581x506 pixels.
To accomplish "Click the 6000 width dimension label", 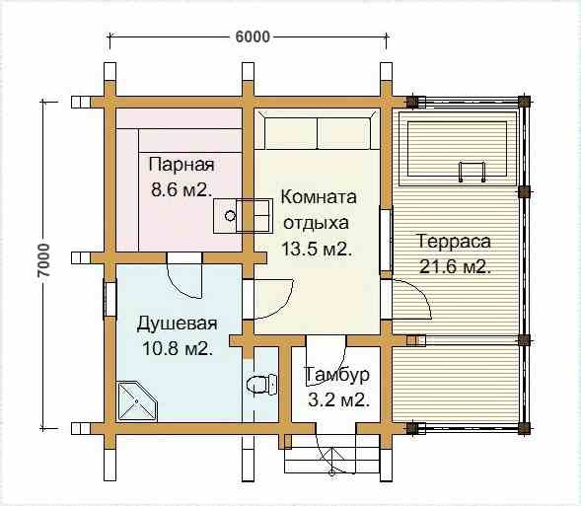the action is click(253, 36).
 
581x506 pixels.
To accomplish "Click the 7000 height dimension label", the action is click(43, 260).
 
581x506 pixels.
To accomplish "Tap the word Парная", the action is click(182, 165).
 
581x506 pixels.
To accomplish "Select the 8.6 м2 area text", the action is click(182, 190).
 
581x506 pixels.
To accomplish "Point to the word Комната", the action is click(319, 196).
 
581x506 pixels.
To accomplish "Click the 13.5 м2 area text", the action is click(317, 249).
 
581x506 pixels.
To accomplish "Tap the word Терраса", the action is click(454, 241).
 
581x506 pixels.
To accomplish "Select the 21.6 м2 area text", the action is click(455, 266).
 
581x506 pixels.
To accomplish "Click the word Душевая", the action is click(178, 323).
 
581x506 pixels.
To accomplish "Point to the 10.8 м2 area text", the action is click(178, 348).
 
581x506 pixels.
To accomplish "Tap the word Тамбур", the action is click(336, 375).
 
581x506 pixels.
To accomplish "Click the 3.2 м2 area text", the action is click(338, 400).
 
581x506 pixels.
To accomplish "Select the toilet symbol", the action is click(261, 384).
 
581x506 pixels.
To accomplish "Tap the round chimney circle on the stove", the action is click(231, 216).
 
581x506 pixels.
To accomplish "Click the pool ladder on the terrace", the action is click(472, 172).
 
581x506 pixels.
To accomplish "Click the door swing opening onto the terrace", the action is click(412, 299).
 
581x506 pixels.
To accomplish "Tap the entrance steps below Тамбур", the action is click(321, 456).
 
